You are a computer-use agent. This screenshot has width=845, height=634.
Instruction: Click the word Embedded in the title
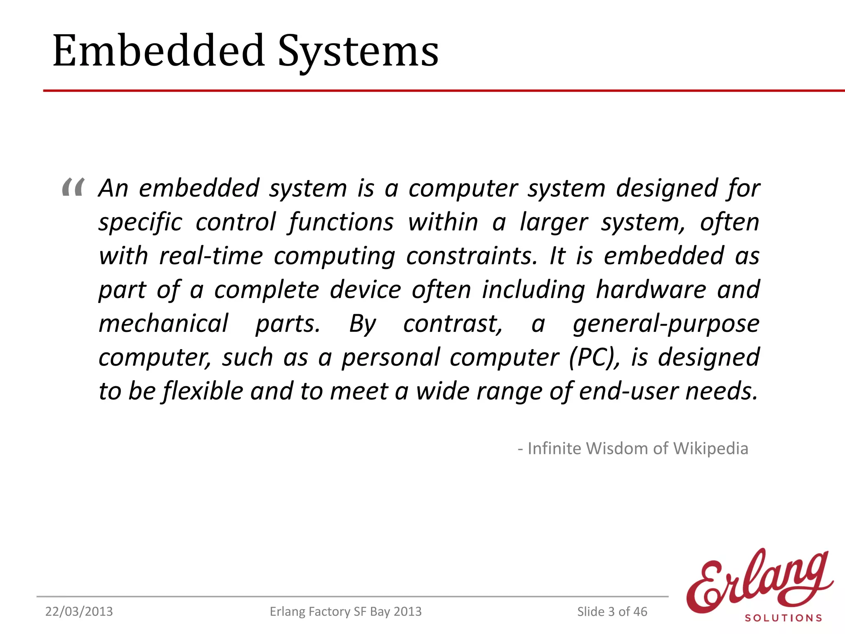click(x=159, y=51)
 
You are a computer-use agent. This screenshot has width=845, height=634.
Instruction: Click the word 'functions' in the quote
click(x=341, y=222)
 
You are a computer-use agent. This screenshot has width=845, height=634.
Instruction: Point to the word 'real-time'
click(x=211, y=256)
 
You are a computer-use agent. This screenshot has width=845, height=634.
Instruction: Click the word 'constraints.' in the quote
click(x=472, y=256)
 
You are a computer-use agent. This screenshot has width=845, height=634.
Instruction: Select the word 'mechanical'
click(x=163, y=323)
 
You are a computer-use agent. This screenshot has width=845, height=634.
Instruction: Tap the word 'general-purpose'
click(x=666, y=324)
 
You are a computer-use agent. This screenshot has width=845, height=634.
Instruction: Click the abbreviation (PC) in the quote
click(x=594, y=357)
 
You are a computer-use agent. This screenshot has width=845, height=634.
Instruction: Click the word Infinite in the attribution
click(x=555, y=449)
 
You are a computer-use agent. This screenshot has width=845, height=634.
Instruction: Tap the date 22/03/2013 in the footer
click(x=79, y=611)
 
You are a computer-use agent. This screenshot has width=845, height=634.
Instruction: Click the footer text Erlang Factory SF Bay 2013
click(x=345, y=611)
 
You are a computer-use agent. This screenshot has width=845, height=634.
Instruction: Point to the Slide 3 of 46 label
click(x=612, y=611)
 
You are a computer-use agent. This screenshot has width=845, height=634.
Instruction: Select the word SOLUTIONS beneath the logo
click(x=783, y=618)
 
